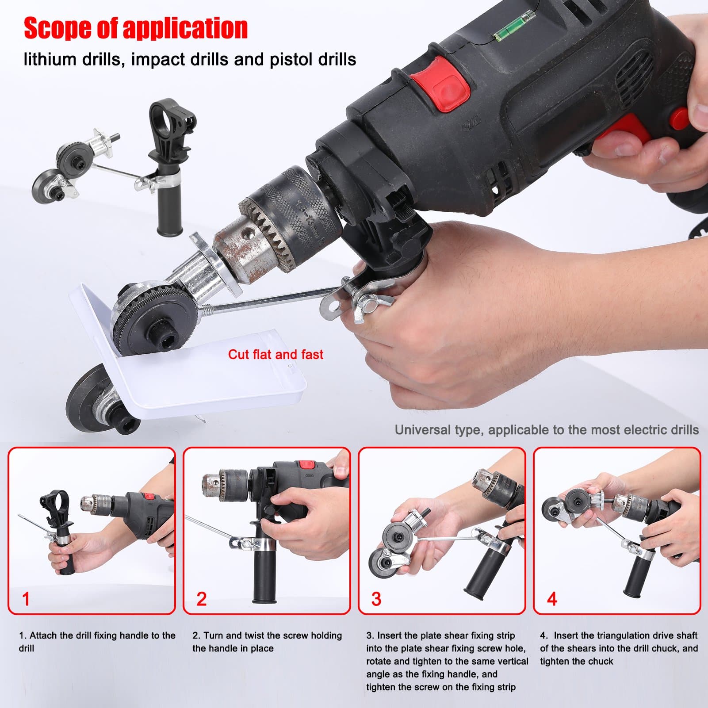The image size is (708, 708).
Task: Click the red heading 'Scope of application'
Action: pyautogui.click(x=136, y=28)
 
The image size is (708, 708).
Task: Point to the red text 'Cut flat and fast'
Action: pyautogui.click(x=276, y=354)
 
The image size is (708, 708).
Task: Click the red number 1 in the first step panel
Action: pyautogui.click(x=26, y=599)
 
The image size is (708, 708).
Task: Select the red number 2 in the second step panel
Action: pyautogui.click(x=201, y=599)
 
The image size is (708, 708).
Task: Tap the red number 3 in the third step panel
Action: pyautogui.click(x=376, y=599)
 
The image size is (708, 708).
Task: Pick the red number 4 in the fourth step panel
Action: pyautogui.click(x=552, y=599)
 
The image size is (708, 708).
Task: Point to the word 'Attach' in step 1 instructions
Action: pyautogui.click(x=43, y=635)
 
